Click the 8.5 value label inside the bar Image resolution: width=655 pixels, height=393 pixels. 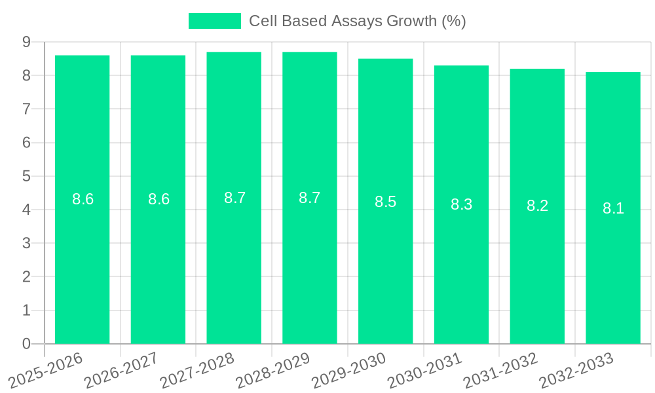click(385, 202)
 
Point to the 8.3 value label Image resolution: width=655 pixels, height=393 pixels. click(461, 204)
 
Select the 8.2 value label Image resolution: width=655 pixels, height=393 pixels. click(537, 206)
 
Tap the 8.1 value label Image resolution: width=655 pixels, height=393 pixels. click(613, 209)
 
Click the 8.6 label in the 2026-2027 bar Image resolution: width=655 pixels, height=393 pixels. click(159, 200)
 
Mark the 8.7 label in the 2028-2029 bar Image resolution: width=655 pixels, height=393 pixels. click(309, 198)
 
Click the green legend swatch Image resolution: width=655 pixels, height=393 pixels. click(214, 21)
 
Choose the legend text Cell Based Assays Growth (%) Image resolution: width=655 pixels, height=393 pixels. click(357, 21)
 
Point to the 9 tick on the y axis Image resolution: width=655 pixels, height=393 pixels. click(26, 42)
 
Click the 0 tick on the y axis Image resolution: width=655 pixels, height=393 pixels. click(26, 344)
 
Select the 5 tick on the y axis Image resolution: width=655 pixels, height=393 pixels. click(26, 176)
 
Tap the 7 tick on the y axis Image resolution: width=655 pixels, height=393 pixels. click(26, 109)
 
